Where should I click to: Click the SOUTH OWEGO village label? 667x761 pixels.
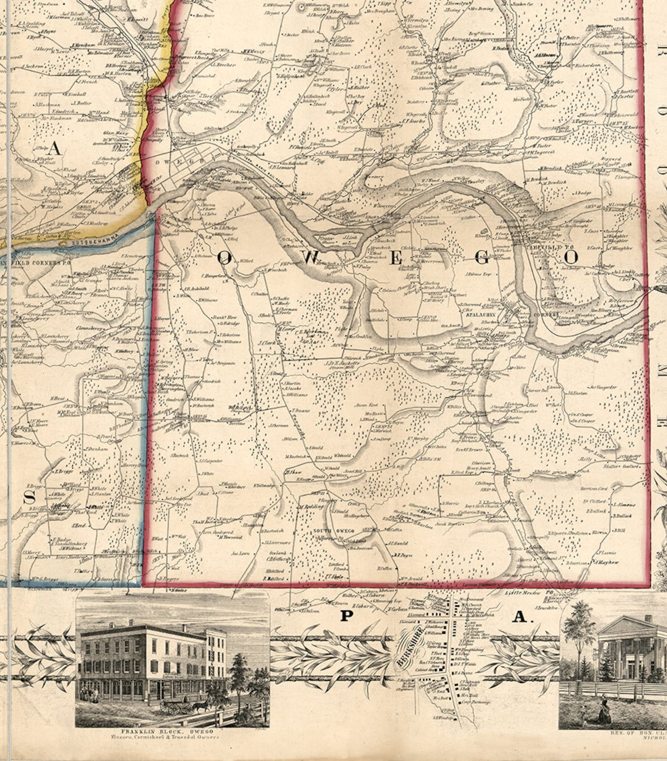pyautogui.click(x=333, y=531)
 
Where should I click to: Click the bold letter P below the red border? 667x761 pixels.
pyautogui.click(x=346, y=616)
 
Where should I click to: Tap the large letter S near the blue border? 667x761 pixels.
pyautogui.click(x=29, y=498)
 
